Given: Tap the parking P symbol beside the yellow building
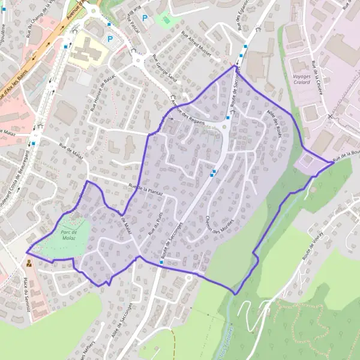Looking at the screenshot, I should pos(110,39).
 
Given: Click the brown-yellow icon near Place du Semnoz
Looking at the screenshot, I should pos(28,262).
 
